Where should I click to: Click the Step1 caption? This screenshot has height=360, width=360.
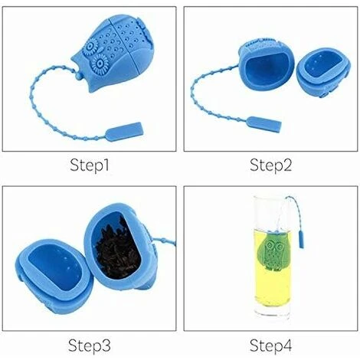[x=90, y=165]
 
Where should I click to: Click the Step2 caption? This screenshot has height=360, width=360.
[x=270, y=165]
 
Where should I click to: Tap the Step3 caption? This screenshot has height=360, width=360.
[x=90, y=345]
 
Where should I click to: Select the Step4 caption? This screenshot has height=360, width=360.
[x=270, y=345]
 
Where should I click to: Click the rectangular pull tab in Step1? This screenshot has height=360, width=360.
[x=123, y=132]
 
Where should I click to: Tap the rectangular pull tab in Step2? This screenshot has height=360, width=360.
[x=264, y=124]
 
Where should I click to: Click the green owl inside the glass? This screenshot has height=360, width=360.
[x=273, y=252]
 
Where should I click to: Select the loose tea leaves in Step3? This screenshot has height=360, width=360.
[x=118, y=249]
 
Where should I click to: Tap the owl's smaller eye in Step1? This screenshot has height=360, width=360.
[x=90, y=47]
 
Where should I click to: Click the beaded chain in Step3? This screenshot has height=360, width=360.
[x=163, y=241]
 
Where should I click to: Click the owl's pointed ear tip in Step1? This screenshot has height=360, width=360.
[x=72, y=60]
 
